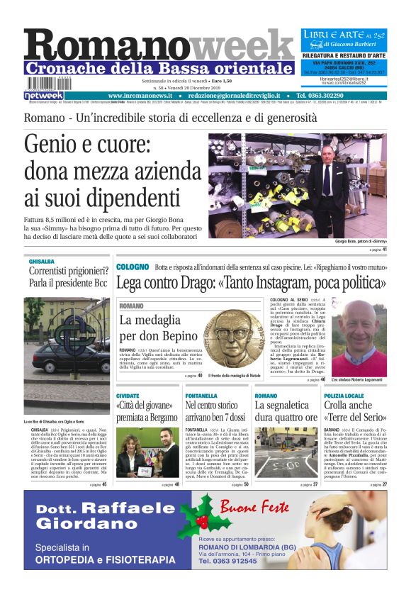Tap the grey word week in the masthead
point(241,47)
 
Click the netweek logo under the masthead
point(44,95)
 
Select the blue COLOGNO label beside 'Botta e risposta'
point(133,267)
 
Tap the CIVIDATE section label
point(128,395)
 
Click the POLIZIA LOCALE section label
point(344,395)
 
